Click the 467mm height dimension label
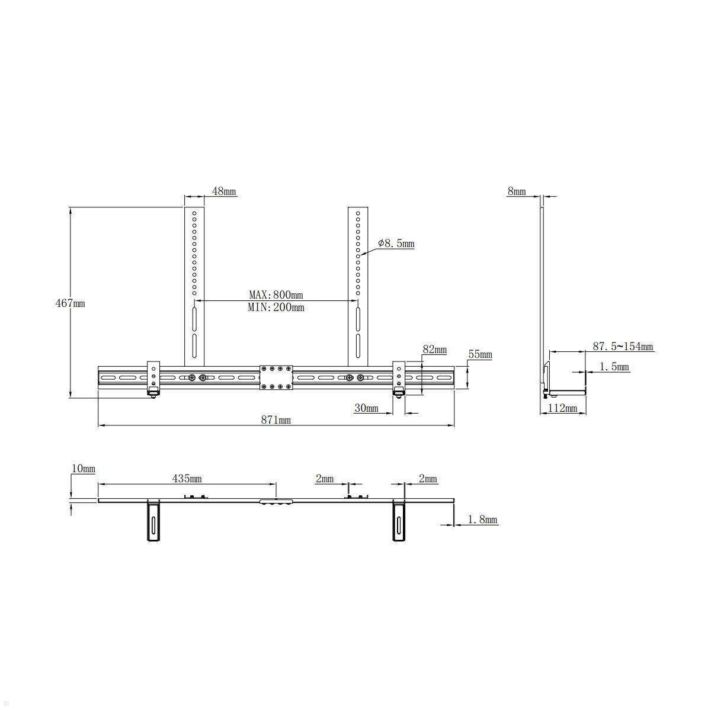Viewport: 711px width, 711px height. point(71,303)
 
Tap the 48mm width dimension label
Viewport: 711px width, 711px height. point(224,191)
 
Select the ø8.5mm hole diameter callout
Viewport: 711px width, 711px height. point(396,244)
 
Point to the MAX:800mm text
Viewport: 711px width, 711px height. point(276,294)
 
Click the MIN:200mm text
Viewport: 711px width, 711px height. point(276,308)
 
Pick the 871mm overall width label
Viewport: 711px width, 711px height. point(276,420)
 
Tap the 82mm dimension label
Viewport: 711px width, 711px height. point(434,350)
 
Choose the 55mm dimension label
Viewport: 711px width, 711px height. point(480,355)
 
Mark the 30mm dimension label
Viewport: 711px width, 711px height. point(366,408)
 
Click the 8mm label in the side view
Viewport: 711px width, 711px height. point(516,191)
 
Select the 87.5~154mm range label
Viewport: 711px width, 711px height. point(623,347)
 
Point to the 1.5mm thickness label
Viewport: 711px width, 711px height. point(614,367)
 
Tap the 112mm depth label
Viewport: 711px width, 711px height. point(562,408)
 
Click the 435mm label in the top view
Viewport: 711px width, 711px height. point(187,478)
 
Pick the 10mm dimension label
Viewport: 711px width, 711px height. point(84,469)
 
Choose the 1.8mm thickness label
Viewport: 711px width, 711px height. point(482,520)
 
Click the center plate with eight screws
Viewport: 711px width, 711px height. point(276,377)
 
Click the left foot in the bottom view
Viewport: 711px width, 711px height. point(154,521)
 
